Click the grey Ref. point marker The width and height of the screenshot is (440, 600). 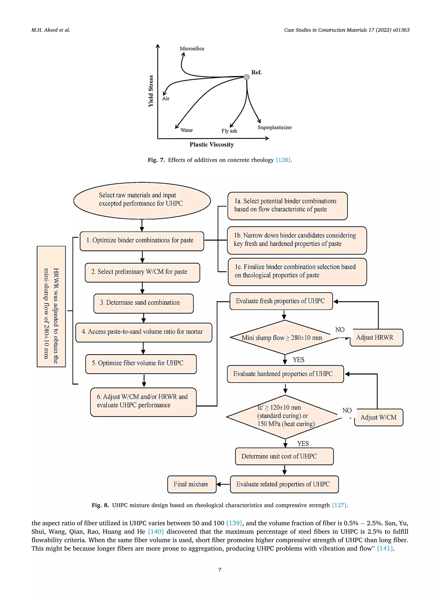pos(247,77)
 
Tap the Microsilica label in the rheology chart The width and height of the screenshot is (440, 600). pos(192,49)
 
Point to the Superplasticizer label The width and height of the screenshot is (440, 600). pos(275,128)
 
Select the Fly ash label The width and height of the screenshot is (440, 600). pos(229,131)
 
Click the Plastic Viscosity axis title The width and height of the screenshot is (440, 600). pos(212,145)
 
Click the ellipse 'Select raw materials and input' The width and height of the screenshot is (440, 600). pos(142,201)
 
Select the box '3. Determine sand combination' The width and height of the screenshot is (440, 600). pos(144,303)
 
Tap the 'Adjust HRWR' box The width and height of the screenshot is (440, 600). pos(376,338)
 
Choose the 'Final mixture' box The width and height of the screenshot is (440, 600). pos(192,484)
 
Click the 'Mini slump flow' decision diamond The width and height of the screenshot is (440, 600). pos(285,337)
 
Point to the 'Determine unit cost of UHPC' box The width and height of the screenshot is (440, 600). pos(284,456)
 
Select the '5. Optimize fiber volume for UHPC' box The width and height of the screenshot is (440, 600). pos(141,364)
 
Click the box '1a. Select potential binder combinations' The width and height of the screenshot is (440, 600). pos(287,206)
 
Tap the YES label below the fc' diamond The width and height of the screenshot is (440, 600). pos(303,443)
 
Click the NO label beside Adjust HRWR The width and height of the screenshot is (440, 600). pos(340,330)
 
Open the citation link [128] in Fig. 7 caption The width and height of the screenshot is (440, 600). pos(283,160)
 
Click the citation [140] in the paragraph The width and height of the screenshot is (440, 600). pos(156,531)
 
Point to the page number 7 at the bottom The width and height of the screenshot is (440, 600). pos(220,570)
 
